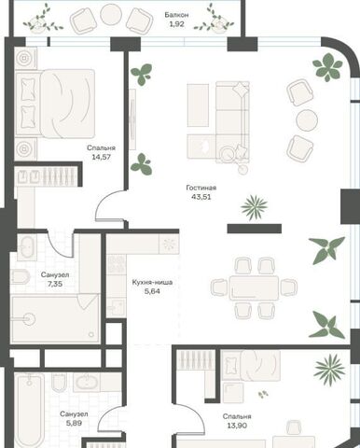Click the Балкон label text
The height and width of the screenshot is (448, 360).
[x=176, y=15]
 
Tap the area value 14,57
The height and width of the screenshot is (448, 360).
[x=101, y=157]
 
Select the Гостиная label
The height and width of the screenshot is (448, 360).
[x=201, y=188]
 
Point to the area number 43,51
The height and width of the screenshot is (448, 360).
[x=201, y=197]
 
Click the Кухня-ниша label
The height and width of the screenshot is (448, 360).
[x=152, y=283]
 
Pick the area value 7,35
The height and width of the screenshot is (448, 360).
[x=55, y=284]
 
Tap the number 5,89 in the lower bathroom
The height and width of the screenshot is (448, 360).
[x=74, y=423]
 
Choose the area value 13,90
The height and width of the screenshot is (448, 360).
[x=237, y=426]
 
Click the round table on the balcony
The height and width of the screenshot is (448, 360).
[x=111, y=13]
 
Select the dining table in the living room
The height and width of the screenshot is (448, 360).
[x=254, y=287]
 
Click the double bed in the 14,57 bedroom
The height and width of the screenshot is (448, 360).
[x=55, y=104]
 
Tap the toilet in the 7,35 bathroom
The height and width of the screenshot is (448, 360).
[x=21, y=276]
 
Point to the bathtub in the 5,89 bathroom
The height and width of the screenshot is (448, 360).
[x=29, y=411]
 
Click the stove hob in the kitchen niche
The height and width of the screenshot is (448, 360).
[x=117, y=264]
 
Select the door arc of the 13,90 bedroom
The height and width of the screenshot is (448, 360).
[x=190, y=419]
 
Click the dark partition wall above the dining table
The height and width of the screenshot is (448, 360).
[x=255, y=229]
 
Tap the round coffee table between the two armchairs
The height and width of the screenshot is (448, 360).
[x=307, y=120]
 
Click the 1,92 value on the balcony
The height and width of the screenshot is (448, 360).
[x=176, y=24]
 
